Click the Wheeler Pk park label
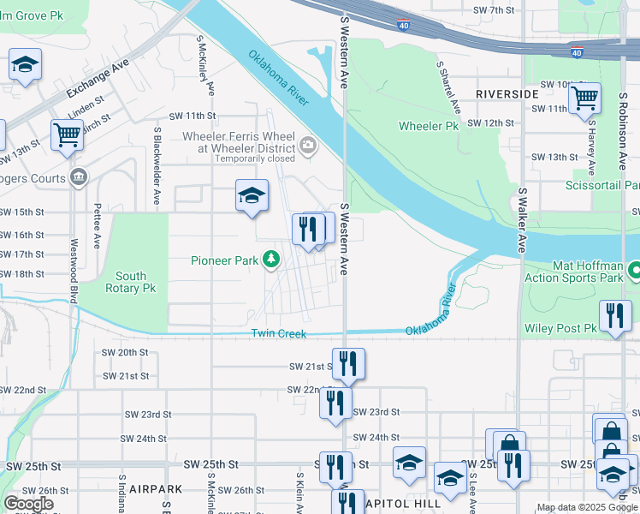429,127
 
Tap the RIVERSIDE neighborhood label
507,93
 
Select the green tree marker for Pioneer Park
271,258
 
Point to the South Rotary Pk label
131,282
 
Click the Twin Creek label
278,333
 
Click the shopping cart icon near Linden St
66,134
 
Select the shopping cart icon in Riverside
584,98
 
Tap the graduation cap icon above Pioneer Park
252,196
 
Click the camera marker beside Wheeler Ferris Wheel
307,147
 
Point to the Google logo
28,504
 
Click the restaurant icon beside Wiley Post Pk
614,316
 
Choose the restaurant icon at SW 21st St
348,363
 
